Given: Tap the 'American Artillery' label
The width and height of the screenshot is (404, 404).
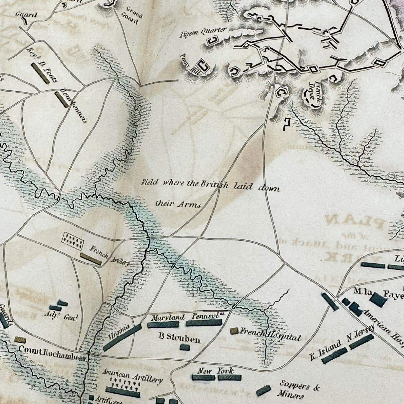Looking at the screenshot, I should [x=133, y=375].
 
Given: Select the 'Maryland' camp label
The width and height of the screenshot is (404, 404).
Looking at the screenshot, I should [x=168, y=317].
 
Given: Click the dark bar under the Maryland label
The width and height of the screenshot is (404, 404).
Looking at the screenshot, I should [x=163, y=324].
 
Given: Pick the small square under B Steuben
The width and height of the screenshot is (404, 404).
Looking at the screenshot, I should [x=185, y=347].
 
